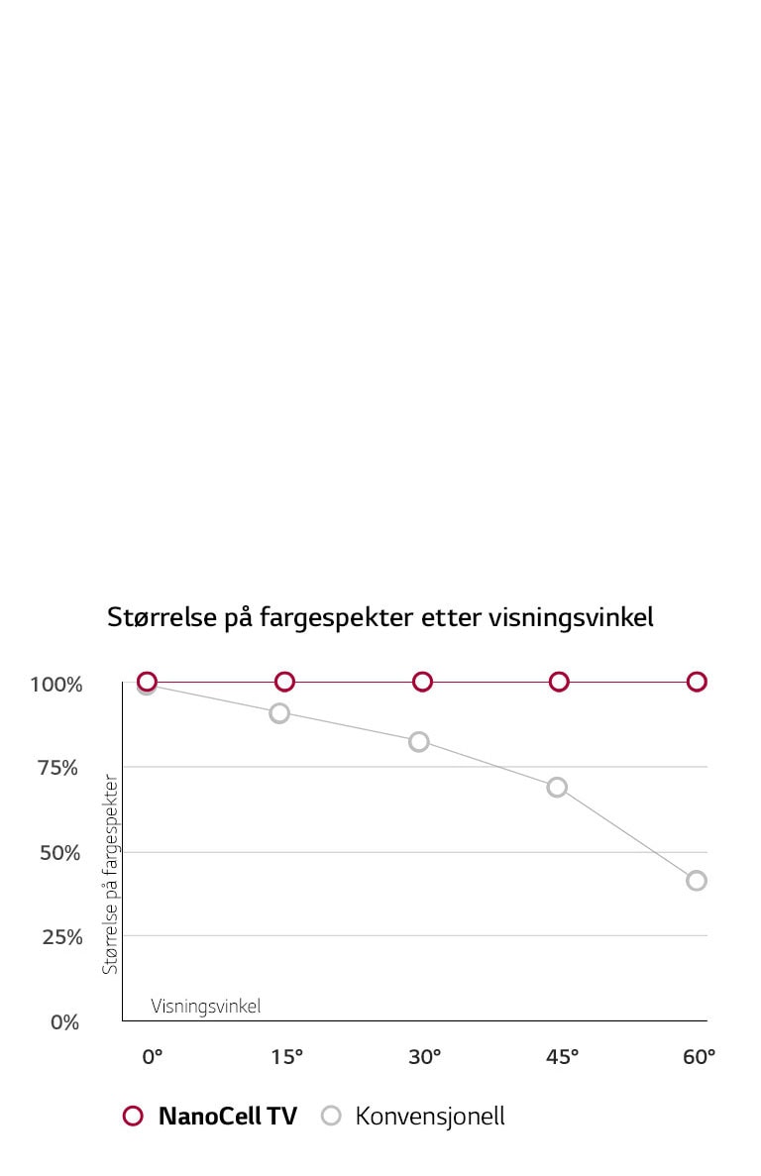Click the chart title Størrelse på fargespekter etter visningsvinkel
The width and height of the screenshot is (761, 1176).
click(380, 618)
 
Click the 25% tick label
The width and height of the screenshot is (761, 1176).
click(61, 937)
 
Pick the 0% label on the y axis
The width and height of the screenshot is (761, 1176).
click(64, 1022)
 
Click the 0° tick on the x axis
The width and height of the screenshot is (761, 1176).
click(152, 1057)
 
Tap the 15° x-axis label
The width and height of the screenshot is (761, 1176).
click(286, 1057)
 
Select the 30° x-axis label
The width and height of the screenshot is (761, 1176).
click(424, 1057)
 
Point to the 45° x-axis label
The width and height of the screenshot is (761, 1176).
click(562, 1057)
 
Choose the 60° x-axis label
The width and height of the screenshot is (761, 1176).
click(699, 1057)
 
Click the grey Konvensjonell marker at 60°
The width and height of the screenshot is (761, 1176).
click(697, 880)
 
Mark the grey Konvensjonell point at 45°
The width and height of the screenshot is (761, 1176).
click(557, 787)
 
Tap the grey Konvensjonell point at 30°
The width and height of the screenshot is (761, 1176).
click(419, 741)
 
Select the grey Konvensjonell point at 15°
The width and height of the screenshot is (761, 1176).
click(279, 712)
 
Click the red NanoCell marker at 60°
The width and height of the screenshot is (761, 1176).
click(697, 681)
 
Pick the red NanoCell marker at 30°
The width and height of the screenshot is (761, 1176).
click(422, 681)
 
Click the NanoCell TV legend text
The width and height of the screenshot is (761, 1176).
click(227, 1117)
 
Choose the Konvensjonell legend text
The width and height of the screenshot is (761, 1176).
click(430, 1117)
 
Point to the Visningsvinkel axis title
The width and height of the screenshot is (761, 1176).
click(206, 1007)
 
